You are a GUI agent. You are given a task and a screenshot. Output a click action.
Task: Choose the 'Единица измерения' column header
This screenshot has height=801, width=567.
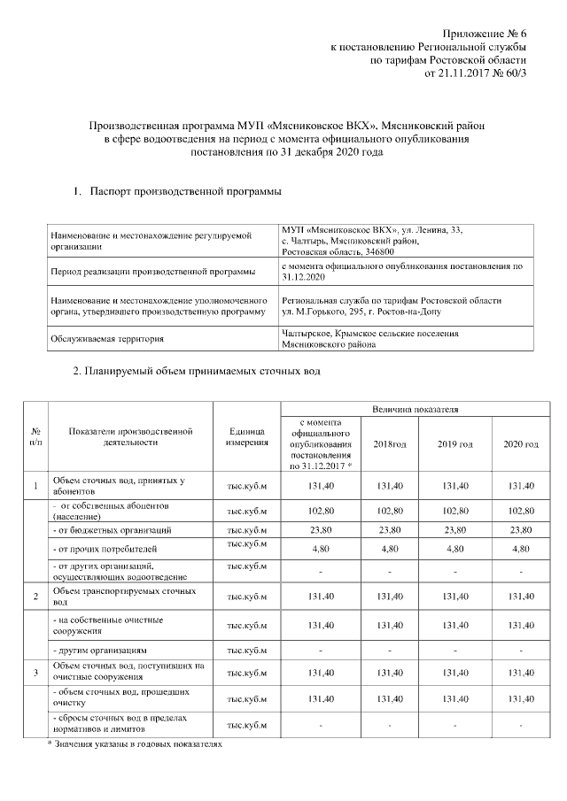[247, 436]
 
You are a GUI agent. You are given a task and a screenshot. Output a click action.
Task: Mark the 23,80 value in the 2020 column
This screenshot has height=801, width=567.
[520, 530]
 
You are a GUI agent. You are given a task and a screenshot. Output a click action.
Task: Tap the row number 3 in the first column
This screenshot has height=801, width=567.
[35, 674]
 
